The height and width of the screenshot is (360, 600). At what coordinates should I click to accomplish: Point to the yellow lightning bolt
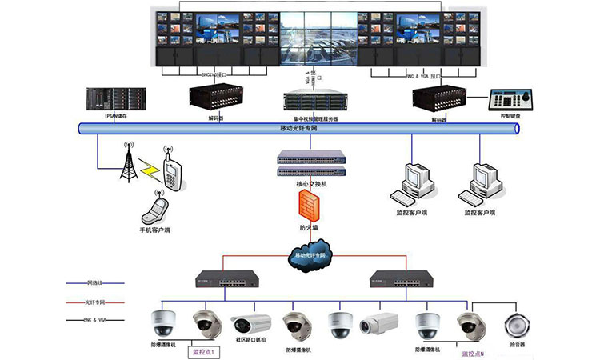(149, 169)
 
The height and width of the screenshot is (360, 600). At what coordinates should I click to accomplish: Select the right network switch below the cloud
(398, 278)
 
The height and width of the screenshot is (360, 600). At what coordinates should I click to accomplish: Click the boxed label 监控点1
(203, 351)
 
